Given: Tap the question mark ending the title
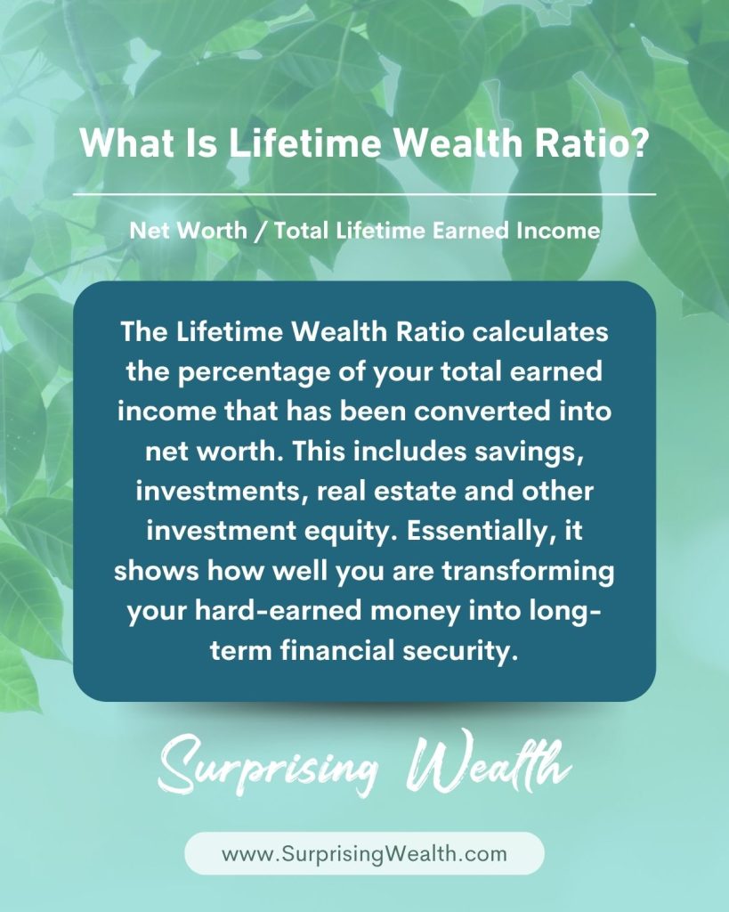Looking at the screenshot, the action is tap(637, 142).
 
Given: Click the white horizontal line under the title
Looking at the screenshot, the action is tap(365, 194).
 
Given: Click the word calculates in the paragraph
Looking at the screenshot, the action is tap(540, 332).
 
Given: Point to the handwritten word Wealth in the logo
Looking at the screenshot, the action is tap(490, 762).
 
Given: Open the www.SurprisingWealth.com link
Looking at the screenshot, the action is tap(365, 854).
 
